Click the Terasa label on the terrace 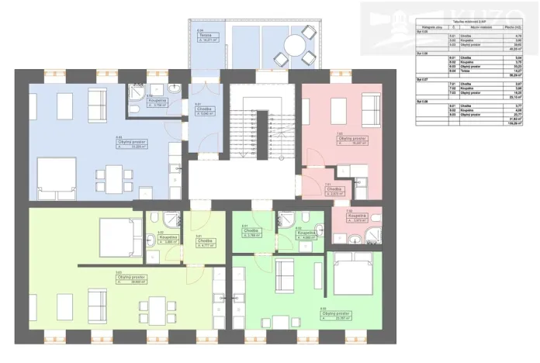[x=205, y=36]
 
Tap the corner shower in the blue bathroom [x=137, y=90]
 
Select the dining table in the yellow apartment [x=160, y=309]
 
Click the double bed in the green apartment [x=354, y=275]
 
